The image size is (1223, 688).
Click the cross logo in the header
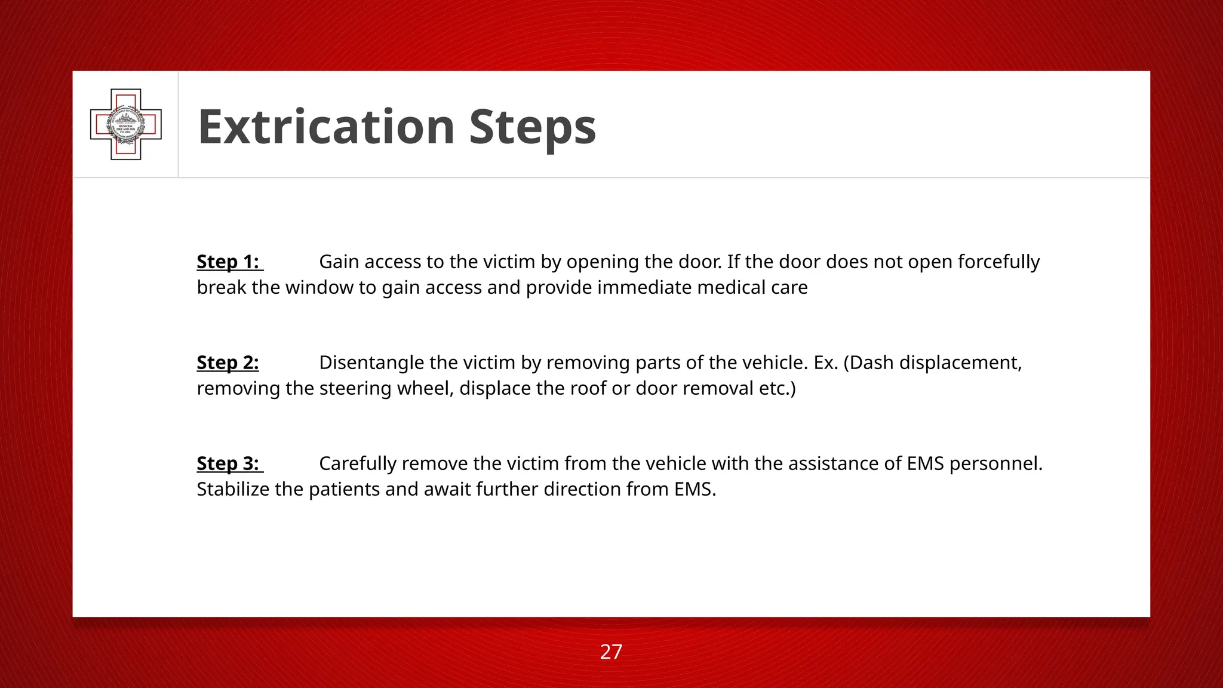click(126, 124)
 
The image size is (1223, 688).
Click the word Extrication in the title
click(327, 127)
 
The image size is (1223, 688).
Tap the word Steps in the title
click(532, 127)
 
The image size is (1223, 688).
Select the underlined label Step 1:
click(228, 262)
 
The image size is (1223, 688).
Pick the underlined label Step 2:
click(228, 363)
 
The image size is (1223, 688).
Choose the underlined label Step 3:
click(228, 463)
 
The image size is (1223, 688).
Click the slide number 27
click(611, 652)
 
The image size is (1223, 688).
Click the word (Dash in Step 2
click(868, 363)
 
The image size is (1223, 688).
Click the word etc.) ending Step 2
click(777, 388)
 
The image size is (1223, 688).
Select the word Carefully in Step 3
click(358, 463)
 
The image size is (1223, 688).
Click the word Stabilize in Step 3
click(233, 489)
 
